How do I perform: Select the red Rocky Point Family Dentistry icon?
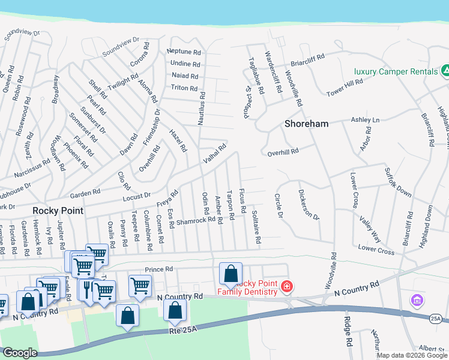(287, 287)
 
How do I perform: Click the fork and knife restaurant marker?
(87, 289)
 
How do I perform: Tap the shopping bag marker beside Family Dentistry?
(231, 275)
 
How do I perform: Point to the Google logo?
(19, 353)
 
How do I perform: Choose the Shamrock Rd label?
(196, 220)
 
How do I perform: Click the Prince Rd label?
(158, 269)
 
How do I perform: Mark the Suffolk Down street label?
(399, 182)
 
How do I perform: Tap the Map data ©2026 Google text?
(411, 355)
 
